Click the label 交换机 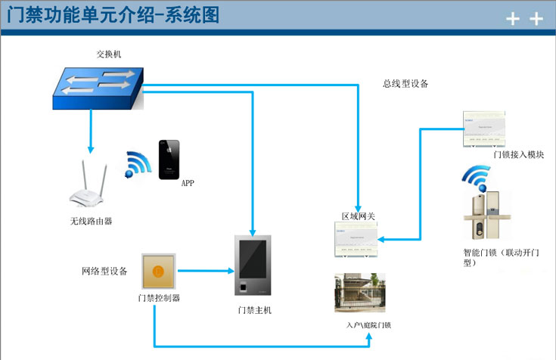click(109, 54)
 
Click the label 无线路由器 click(92, 221)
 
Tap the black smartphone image click(169, 160)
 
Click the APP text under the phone click(188, 183)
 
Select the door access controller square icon click(158, 271)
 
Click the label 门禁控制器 click(159, 298)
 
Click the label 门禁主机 click(254, 310)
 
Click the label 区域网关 click(358, 216)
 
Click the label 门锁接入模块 click(519, 154)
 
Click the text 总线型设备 click(405, 84)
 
